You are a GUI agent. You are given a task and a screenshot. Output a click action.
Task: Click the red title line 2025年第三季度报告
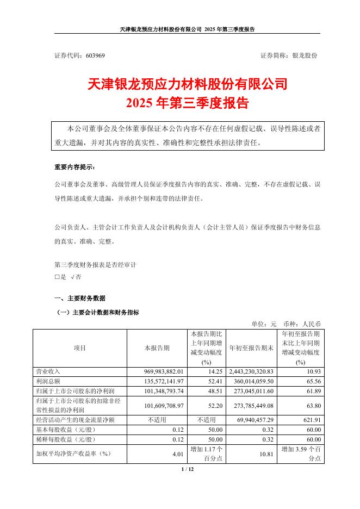179,103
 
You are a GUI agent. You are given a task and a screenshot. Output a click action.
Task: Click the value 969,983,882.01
163,371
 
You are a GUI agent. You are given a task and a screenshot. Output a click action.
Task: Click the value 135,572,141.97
163,380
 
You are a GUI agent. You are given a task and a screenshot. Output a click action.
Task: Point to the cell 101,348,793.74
163,389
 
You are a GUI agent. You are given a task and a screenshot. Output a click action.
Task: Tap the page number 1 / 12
179,469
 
